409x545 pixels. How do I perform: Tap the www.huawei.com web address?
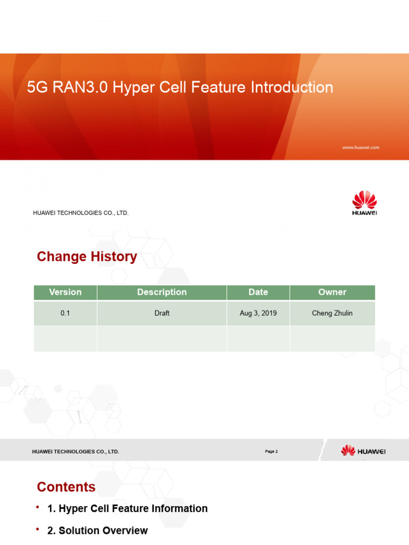click(361, 147)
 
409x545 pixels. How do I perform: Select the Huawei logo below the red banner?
click(364, 203)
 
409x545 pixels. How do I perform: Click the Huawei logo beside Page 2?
click(364, 451)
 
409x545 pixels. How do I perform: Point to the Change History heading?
click(87, 257)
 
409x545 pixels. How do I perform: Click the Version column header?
click(65, 292)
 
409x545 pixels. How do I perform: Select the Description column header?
click(162, 292)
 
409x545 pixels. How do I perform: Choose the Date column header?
click(258, 292)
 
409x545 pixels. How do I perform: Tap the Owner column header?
click(332, 292)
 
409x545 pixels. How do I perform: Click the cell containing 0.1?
click(65, 313)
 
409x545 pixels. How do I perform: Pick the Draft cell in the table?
click(162, 313)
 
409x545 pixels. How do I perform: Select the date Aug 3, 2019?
click(258, 313)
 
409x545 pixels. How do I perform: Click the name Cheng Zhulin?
click(332, 313)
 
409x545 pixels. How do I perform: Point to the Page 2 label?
click(271, 451)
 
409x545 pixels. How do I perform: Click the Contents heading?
click(66, 487)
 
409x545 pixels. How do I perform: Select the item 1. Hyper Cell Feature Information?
click(127, 509)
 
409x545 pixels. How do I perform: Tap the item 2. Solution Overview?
click(97, 531)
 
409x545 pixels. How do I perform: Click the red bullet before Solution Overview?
click(38, 530)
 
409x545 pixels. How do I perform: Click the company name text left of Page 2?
click(76, 451)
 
